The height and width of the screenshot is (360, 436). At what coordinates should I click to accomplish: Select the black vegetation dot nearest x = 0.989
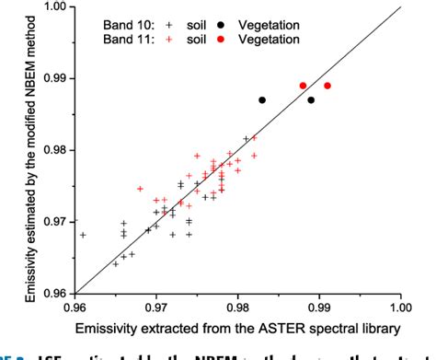(311, 99)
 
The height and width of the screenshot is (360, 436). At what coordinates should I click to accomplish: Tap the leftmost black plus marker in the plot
(83, 235)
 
